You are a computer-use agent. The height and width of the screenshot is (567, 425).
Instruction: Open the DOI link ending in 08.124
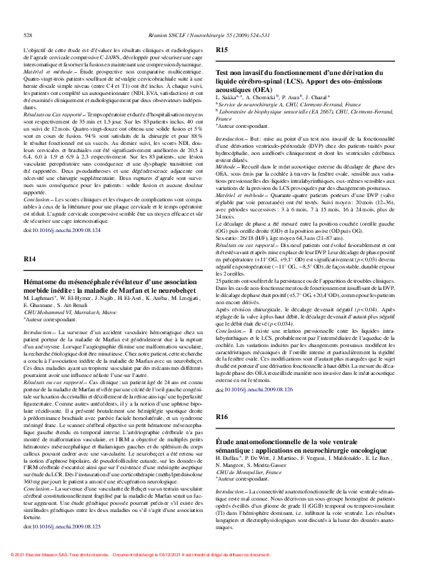tap(62, 231)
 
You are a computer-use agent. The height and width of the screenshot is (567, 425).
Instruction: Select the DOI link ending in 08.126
tap(254, 410)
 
